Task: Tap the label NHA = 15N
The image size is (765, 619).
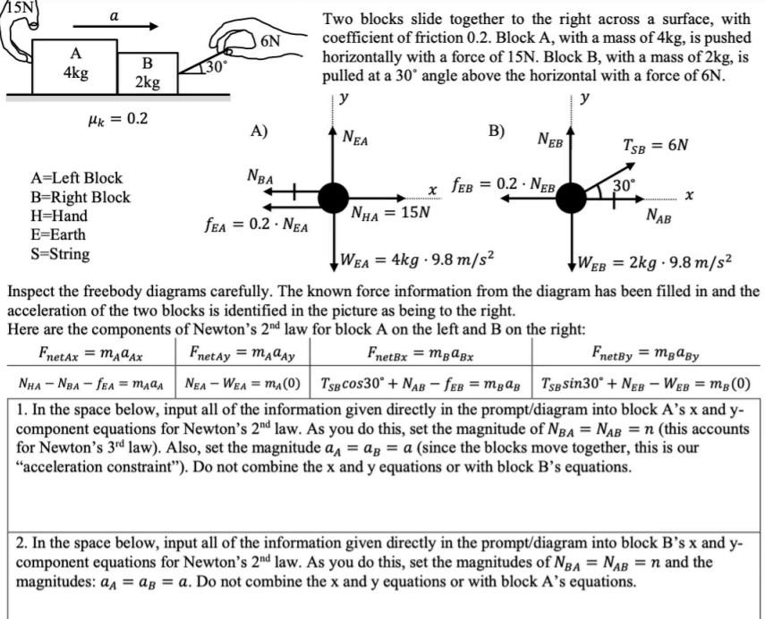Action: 390,213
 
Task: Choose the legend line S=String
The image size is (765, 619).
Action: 60,254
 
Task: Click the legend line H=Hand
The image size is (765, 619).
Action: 58,216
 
